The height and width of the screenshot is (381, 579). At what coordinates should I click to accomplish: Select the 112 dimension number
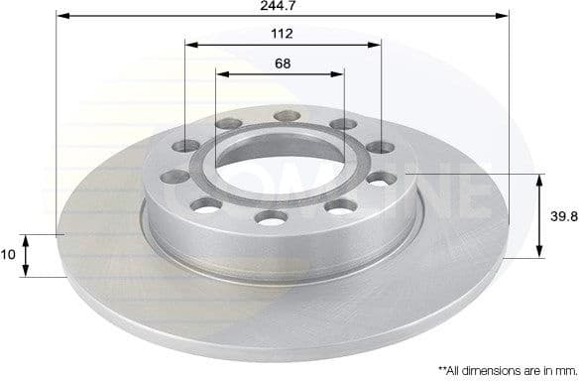(x=282, y=34)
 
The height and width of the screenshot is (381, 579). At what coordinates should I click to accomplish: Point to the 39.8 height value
(x=562, y=215)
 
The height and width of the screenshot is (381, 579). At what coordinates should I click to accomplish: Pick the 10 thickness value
(x=9, y=255)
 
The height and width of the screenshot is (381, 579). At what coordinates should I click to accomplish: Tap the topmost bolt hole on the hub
(x=287, y=116)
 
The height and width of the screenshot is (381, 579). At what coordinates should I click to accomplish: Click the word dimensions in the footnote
(x=487, y=368)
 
